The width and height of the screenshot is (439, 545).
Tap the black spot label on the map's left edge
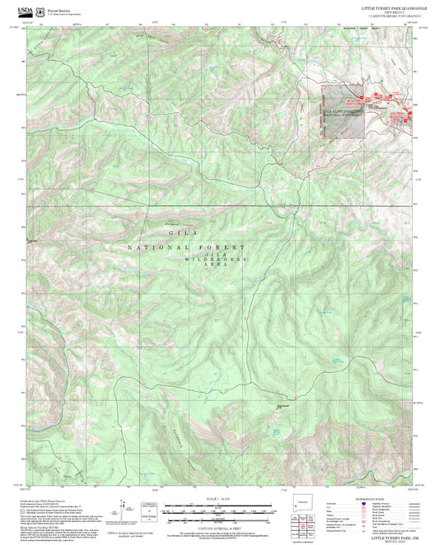33,240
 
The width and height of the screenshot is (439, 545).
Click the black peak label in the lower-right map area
283,404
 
